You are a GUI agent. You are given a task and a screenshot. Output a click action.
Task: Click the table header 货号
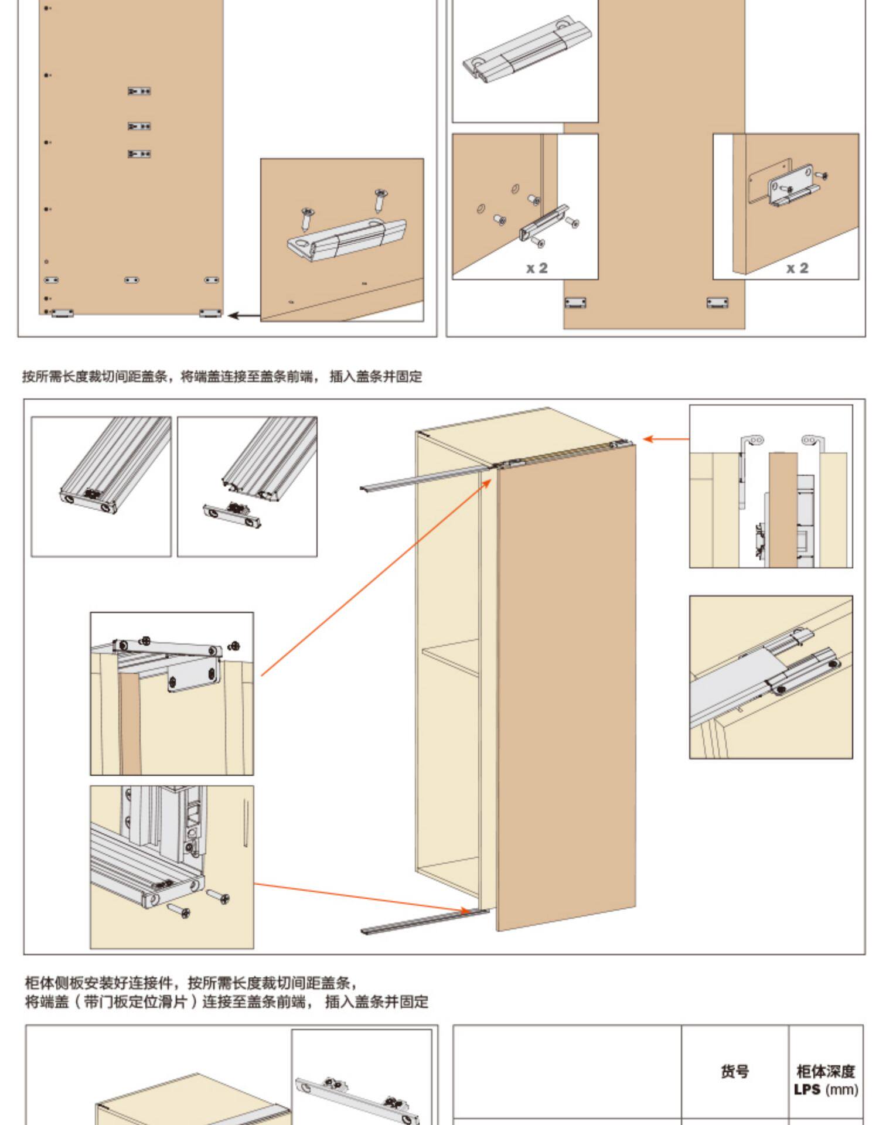click(x=734, y=1072)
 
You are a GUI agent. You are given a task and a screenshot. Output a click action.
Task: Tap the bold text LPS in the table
click(x=807, y=1090)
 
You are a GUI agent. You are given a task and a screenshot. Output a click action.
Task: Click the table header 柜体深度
click(x=825, y=1072)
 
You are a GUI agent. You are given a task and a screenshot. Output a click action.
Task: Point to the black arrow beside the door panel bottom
click(x=243, y=316)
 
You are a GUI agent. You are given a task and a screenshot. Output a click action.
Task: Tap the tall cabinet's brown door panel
click(x=565, y=691)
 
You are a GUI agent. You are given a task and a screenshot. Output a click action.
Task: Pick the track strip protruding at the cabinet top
click(x=422, y=479)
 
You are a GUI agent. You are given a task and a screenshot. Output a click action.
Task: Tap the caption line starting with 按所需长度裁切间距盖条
click(x=222, y=377)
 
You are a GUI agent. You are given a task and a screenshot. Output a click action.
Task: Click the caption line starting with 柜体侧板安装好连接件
click(x=190, y=983)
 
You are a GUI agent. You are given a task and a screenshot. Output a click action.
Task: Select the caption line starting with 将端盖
click(x=226, y=1002)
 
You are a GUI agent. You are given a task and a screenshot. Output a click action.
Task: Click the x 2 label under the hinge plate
click(x=796, y=268)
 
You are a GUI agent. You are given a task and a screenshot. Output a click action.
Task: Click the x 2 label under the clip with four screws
click(x=536, y=268)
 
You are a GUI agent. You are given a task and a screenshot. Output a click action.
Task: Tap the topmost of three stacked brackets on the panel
click(x=139, y=91)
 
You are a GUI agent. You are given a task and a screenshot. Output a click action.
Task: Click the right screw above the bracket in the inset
click(x=380, y=198)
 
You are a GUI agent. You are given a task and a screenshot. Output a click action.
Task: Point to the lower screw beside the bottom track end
click(x=179, y=911)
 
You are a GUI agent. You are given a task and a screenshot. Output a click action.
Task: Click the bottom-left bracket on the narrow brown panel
click(x=575, y=302)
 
